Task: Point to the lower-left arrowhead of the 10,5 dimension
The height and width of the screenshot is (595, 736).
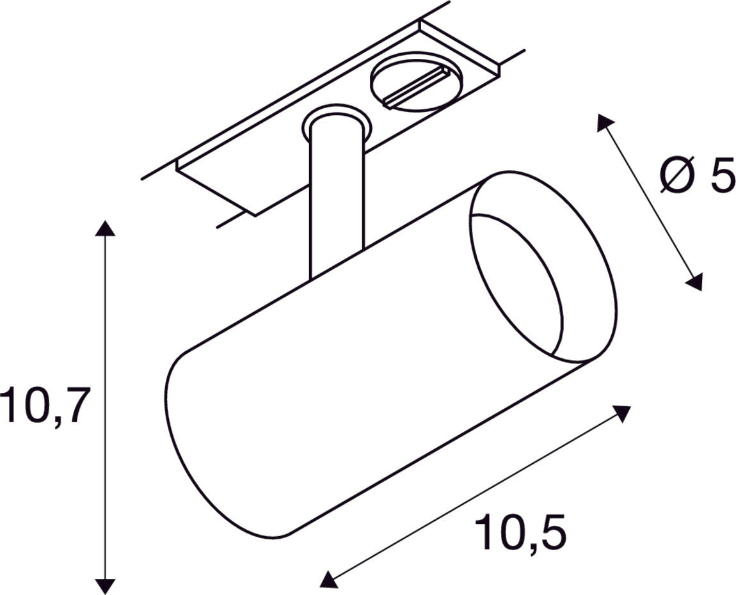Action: click(x=328, y=580)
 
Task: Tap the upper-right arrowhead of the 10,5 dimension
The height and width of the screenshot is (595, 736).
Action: click(x=623, y=413)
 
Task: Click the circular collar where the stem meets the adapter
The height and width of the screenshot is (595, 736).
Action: click(x=335, y=122)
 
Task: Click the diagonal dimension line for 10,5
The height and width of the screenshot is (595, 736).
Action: click(x=474, y=497)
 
